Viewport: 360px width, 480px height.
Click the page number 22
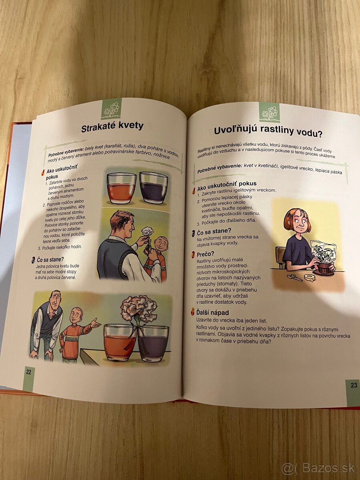tap(29, 372)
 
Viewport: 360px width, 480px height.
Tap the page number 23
tap(354, 385)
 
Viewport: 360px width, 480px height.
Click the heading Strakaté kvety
tap(112, 127)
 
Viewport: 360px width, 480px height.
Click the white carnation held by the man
tap(147, 231)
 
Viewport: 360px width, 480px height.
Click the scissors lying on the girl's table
tap(294, 277)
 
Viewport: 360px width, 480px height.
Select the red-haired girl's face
tap(300, 222)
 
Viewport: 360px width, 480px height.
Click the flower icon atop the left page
tap(111, 109)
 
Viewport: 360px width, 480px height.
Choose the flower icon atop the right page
tap(269, 112)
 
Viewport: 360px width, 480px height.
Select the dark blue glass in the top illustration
tap(154, 187)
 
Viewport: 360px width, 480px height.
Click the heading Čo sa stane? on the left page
tap(50, 260)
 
